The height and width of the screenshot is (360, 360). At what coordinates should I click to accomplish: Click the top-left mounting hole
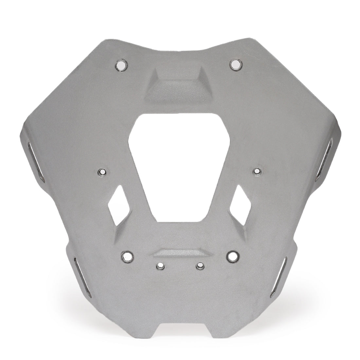click(122, 65)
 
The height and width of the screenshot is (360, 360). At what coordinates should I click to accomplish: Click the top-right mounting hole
click(235, 64)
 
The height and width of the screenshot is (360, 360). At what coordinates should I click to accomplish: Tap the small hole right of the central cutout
click(257, 171)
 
